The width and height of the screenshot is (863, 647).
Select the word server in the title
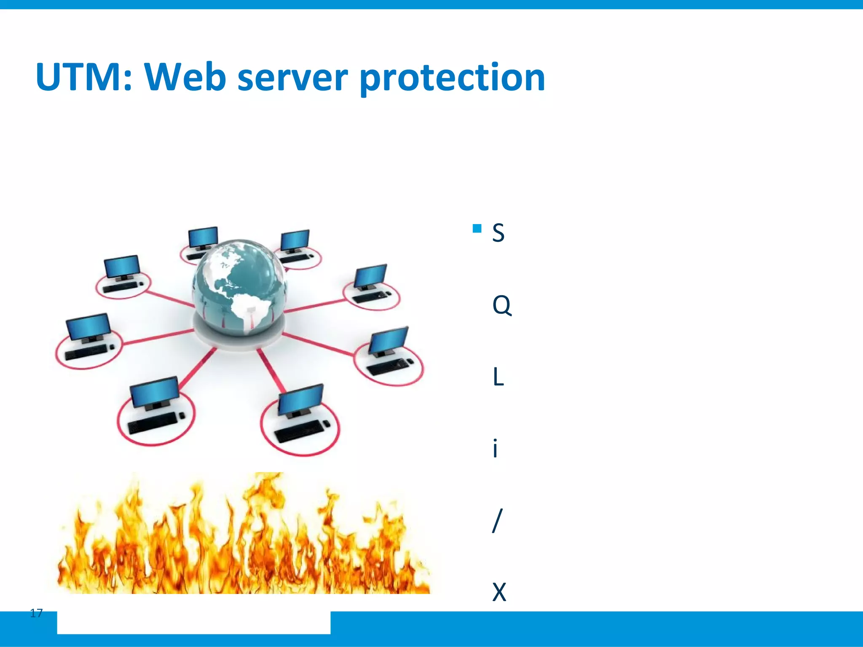click(x=292, y=78)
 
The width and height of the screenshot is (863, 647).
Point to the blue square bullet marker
click(x=477, y=229)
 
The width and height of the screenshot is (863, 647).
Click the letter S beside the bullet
click(x=498, y=233)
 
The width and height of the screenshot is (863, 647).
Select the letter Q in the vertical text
click(x=501, y=305)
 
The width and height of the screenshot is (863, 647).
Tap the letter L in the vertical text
click(x=498, y=377)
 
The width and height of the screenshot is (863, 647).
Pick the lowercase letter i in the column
click(x=496, y=448)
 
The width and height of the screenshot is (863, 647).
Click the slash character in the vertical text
click(x=497, y=521)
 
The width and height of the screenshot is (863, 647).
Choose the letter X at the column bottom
click(x=499, y=592)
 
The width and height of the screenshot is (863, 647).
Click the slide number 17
click(x=37, y=613)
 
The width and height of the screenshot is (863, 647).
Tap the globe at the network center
click(x=239, y=286)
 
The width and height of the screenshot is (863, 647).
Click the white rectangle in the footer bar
click(x=193, y=623)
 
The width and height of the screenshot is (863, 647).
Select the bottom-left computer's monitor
click(x=154, y=391)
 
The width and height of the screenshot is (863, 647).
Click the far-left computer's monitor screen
click(x=88, y=326)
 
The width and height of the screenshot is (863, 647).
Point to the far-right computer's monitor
click(x=389, y=340)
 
